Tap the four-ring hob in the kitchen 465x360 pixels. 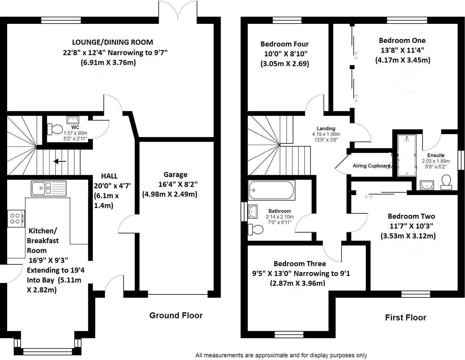pyautogui.click(x=16, y=218)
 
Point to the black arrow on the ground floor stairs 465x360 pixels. pyautogui.click(x=60, y=162)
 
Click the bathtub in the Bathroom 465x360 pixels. pyautogui.click(x=271, y=190)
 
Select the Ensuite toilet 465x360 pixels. pyautogui.click(x=446, y=182)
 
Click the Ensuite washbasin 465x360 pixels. pyautogui.click(x=427, y=185)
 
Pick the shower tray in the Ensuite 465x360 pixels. pyautogui.click(x=407, y=155)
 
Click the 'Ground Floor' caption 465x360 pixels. pyautogui.click(x=176, y=315)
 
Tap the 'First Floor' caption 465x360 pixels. pyautogui.click(x=405, y=317)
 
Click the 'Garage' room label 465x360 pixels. pyautogui.click(x=175, y=175)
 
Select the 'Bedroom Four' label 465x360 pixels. pyautogui.click(x=284, y=44)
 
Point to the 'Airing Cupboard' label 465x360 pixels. pyautogui.click(x=371, y=166)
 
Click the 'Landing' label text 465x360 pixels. pyautogui.click(x=326, y=128)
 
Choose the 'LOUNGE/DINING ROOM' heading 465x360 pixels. pyautogui.click(x=112, y=42)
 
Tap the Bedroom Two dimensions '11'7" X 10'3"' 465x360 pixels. pyautogui.click(x=411, y=226)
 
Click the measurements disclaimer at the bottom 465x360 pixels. pyautogui.click(x=281, y=355)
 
